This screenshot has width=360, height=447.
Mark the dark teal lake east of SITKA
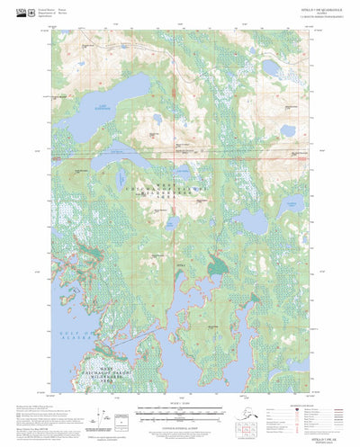pos(217,265)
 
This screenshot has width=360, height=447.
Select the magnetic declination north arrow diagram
pos(117,415)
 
